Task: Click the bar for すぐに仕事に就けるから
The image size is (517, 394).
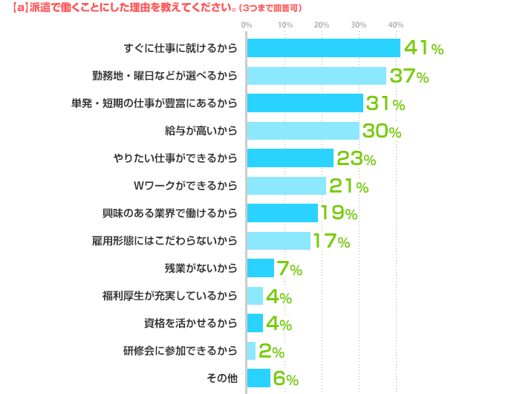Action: tap(323, 48)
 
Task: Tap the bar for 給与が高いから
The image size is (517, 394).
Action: tap(302, 131)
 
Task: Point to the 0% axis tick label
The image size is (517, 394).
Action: tap(247, 25)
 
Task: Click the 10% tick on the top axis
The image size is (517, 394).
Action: tap(284, 25)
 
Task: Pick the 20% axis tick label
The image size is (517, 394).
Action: tap(322, 25)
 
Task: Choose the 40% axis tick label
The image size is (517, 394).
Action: tap(396, 25)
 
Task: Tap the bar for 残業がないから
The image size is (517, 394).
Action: tap(260, 268)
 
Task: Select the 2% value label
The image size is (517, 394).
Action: tap(271, 351)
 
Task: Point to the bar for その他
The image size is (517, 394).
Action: tap(258, 378)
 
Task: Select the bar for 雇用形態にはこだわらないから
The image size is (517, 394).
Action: tap(278, 241)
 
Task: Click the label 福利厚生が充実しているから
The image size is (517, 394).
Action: tap(170, 296)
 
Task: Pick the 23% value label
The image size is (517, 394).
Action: tap(357, 158)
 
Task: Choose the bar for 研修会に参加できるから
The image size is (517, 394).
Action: tap(251, 351)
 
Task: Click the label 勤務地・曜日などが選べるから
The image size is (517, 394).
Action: tap(165, 76)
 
